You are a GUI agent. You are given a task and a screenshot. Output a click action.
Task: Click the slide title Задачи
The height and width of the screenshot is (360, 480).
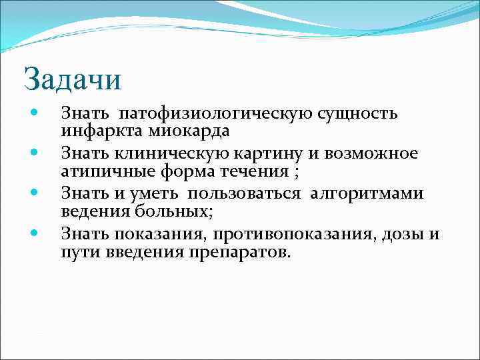pyautogui.click(x=73, y=79)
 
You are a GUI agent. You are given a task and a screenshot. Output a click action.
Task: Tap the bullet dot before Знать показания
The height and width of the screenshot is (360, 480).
pyautogui.click(x=35, y=233)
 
